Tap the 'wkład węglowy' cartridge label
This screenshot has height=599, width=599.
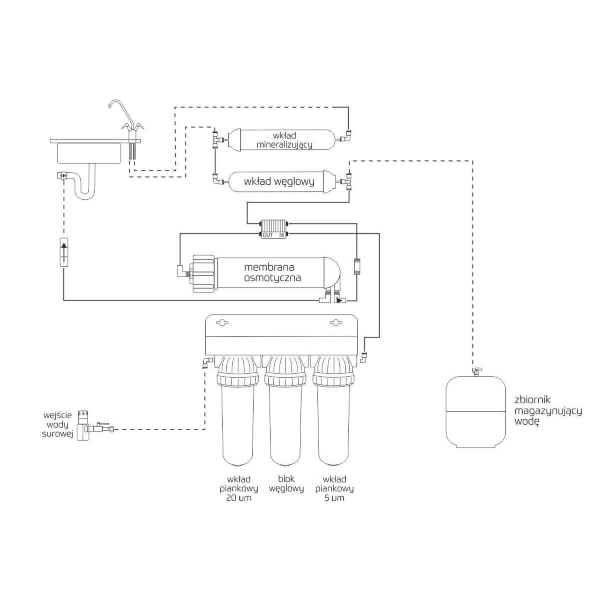[x=279, y=182]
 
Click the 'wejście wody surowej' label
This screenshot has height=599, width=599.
[x=58, y=424]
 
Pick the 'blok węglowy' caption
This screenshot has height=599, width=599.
[x=286, y=484]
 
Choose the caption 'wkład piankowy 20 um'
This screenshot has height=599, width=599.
[x=235, y=488]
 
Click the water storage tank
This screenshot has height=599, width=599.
[x=475, y=412]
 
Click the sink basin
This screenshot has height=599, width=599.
[x=90, y=153]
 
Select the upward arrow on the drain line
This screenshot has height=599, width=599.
[x=64, y=253]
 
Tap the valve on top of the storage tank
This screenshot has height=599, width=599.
[x=476, y=370]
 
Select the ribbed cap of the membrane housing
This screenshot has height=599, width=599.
[x=204, y=274]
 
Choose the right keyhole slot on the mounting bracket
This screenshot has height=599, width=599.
[x=334, y=323]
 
